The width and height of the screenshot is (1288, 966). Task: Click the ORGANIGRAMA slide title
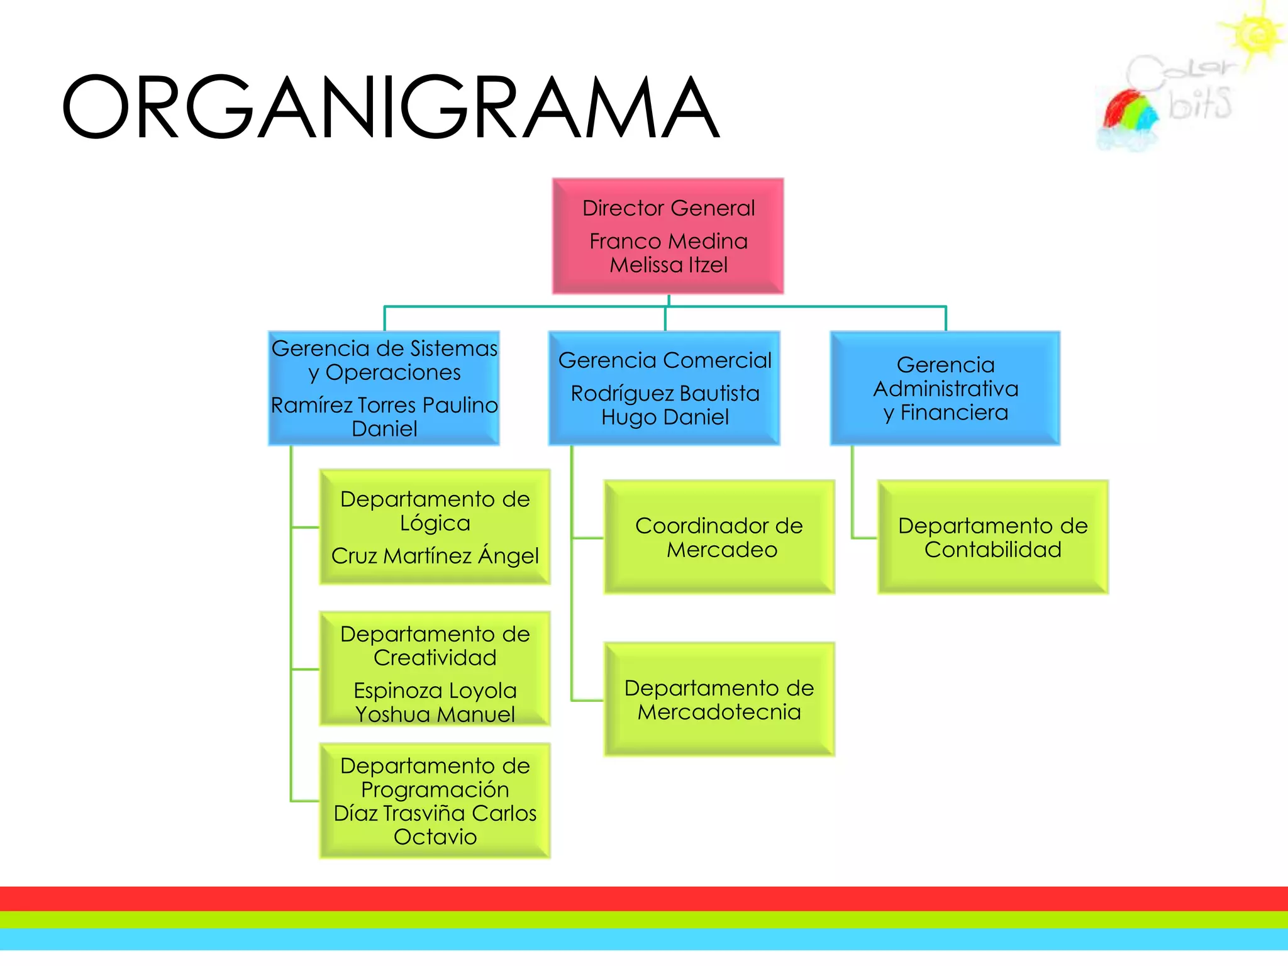point(390,107)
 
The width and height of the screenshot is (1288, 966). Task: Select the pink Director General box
point(668,236)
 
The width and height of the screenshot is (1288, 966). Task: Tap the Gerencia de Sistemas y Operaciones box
point(384,388)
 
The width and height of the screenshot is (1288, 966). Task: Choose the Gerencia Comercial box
point(665,388)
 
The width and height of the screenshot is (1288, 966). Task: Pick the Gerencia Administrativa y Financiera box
point(945,388)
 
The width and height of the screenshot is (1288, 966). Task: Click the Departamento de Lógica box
point(435,527)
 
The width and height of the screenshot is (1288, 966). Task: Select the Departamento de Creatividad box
point(435,669)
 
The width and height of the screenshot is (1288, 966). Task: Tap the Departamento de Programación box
point(435,801)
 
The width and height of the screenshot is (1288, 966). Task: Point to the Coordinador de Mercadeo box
point(719,537)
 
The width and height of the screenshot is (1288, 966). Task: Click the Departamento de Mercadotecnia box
point(719,699)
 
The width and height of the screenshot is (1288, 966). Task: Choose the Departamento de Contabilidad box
point(992,537)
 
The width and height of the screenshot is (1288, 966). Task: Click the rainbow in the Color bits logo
point(1130,113)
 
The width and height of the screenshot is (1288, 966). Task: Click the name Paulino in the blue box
point(460,405)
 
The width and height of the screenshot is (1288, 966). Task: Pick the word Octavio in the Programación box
point(435,837)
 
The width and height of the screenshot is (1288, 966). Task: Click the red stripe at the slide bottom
point(644,898)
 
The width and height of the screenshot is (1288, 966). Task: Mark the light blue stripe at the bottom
point(644,939)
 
